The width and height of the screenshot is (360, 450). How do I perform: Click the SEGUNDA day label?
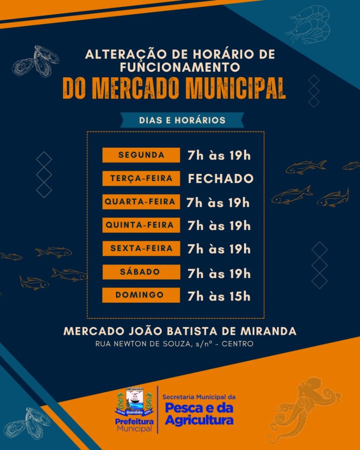[x=141, y=155]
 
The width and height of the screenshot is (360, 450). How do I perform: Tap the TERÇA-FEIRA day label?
[x=141, y=179]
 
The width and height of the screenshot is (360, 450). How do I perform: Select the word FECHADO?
[x=221, y=179]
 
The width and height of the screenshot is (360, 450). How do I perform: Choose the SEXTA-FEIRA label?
[x=141, y=249]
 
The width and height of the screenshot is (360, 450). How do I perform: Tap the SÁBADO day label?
[x=141, y=272]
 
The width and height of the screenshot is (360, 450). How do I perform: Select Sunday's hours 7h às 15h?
[x=219, y=296]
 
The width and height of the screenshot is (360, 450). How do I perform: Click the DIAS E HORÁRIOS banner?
[x=182, y=120]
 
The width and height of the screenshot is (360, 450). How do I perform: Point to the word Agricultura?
[x=199, y=421]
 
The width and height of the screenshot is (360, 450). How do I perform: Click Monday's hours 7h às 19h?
[x=219, y=156]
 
